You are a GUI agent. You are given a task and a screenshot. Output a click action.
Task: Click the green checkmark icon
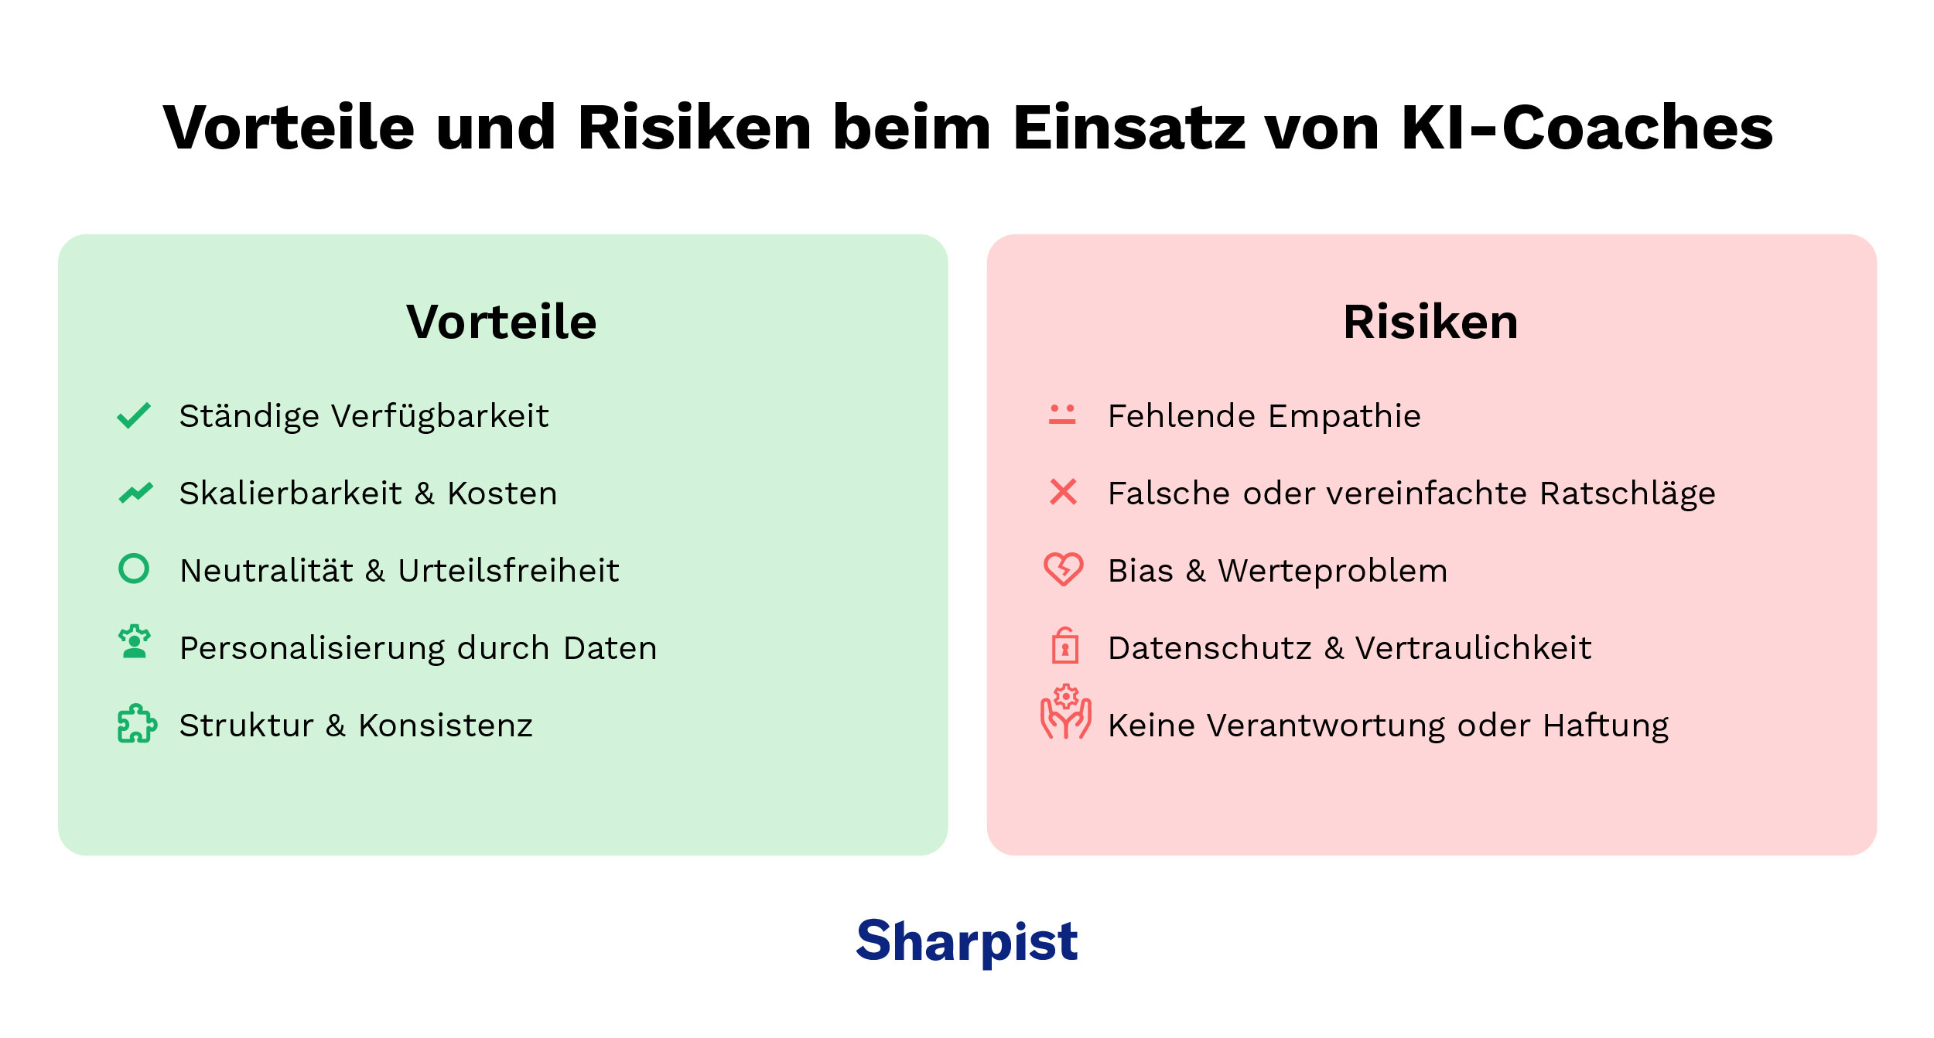(x=134, y=415)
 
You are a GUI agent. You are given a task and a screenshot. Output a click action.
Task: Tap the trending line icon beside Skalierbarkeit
(x=136, y=492)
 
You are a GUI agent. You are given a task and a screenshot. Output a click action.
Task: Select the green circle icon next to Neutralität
(x=134, y=569)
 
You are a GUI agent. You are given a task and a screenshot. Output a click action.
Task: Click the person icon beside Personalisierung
(x=135, y=643)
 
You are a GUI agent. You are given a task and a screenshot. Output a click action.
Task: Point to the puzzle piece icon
(x=137, y=723)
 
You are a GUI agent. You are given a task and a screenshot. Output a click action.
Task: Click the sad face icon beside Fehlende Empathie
(x=1062, y=414)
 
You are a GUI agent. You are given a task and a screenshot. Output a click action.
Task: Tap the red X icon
(x=1063, y=492)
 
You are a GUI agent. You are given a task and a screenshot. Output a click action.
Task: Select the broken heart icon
(x=1064, y=569)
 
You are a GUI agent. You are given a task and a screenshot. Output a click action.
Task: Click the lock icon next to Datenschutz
(x=1065, y=646)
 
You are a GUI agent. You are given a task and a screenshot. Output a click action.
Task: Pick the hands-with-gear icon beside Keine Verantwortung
(x=1065, y=712)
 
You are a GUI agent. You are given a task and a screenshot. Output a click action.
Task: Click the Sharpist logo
(x=966, y=941)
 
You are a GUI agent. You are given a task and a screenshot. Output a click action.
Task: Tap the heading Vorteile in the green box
(x=501, y=322)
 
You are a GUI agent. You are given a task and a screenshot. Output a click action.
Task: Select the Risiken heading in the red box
(x=1430, y=322)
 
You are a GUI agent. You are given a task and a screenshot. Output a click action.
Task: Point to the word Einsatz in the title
(x=1129, y=128)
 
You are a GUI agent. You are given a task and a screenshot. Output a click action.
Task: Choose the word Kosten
(x=502, y=493)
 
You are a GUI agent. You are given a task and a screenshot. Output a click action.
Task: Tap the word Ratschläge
(x=1628, y=493)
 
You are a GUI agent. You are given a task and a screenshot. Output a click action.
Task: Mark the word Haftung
(x=1606, y=726)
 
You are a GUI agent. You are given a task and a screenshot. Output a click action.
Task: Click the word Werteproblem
(x=1332, y=571)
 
